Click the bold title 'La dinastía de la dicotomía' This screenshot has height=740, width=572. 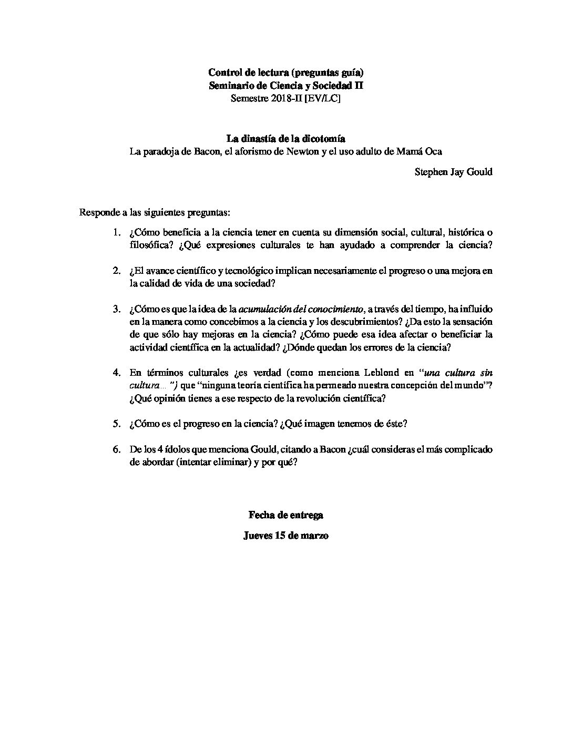pos(285,139)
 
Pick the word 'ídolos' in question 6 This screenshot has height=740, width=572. pos(180,450)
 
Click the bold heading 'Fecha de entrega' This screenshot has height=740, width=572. pos(285,515)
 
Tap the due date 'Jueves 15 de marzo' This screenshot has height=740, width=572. pos(285,536)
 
